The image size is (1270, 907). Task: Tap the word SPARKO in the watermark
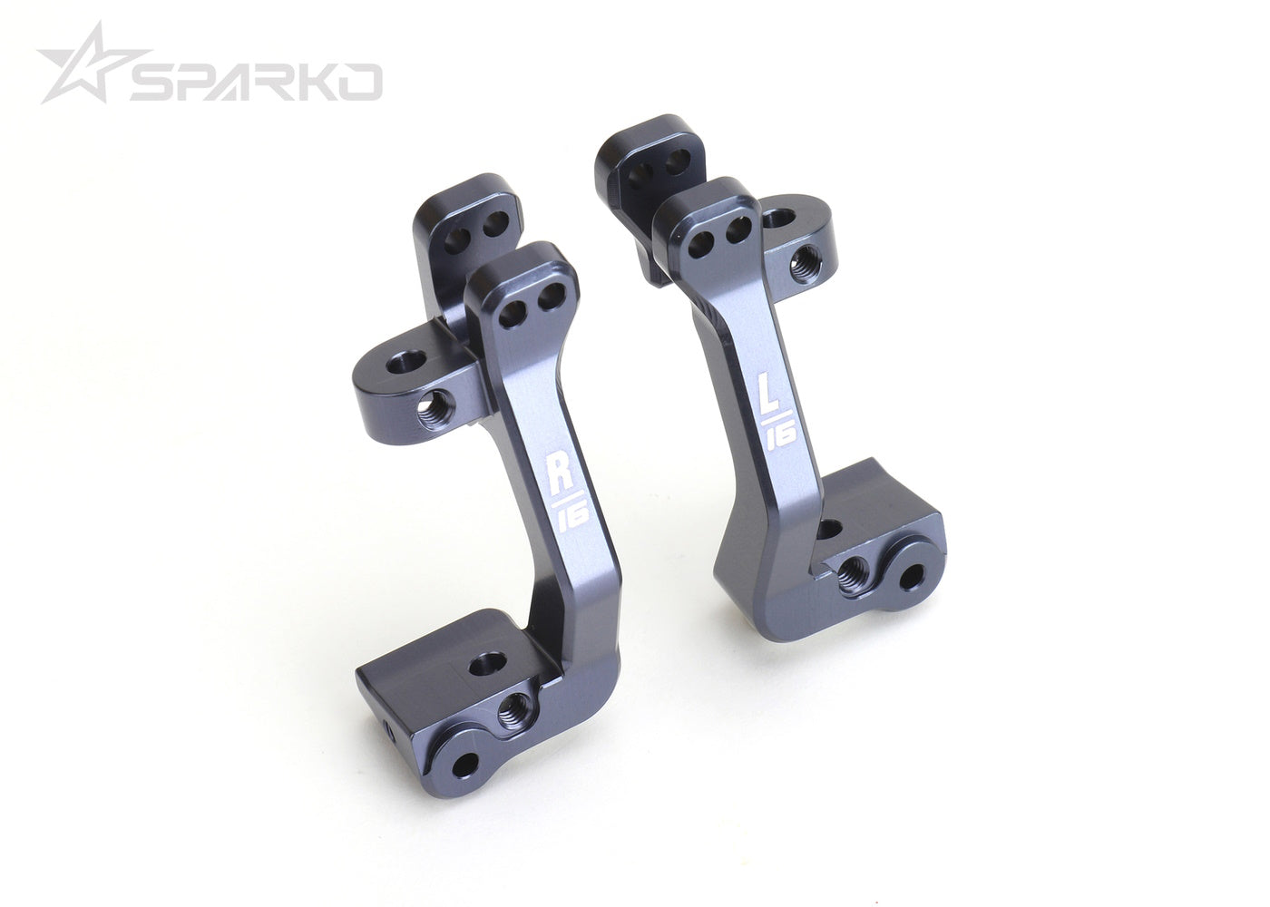254,83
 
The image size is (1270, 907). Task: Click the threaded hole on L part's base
854,572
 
